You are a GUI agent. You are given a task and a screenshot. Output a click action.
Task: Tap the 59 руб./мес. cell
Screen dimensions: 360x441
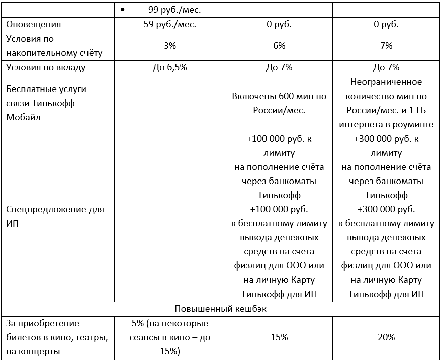click(170, 24)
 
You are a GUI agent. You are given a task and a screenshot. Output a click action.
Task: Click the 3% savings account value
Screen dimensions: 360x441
click(170, 46)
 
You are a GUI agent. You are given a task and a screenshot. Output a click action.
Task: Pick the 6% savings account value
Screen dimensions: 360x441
click(279, 46)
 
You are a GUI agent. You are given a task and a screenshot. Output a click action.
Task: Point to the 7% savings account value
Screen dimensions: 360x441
click(386, 46)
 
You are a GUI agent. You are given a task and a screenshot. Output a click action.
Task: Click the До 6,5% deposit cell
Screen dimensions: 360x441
click(170, 67)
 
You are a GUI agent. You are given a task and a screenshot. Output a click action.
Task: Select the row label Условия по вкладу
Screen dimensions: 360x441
click(46, 67)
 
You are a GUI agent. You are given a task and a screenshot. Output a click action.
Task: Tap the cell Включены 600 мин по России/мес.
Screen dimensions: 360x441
click(279, 103)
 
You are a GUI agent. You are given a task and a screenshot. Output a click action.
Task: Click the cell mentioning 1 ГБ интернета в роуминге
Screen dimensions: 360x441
click(386, 103)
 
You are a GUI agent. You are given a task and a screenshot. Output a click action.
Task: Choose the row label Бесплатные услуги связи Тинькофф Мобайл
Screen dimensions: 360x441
click(46, 103)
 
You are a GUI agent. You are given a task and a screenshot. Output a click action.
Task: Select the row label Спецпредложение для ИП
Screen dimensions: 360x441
click(55, 216)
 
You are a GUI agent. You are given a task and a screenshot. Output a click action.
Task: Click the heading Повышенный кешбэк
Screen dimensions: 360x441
click(220, 309)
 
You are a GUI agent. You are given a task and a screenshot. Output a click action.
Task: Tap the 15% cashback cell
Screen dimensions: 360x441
click(279, 337)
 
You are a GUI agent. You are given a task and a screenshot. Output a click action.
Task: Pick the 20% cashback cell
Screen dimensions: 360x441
click(386, 337)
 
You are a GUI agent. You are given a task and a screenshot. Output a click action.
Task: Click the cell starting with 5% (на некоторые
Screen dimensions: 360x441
click(170, 337)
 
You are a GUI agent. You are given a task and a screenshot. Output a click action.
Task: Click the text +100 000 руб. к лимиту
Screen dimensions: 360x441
click(279, 145)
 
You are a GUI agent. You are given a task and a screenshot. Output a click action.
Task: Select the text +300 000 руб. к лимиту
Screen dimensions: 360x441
click(386, 145)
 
